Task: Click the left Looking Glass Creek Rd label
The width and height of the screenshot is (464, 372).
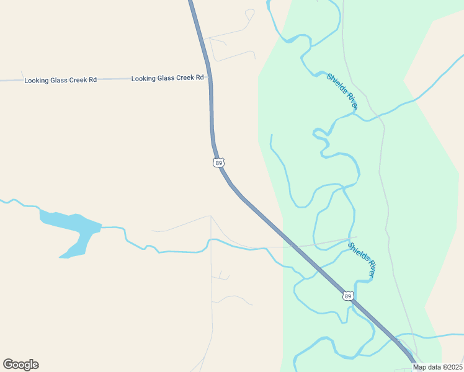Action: point(61,81)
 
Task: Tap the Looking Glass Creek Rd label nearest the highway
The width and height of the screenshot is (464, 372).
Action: point(167,78)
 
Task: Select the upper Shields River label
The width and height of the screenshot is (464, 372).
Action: point(342,91)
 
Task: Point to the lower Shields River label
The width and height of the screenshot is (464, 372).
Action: point(362,259)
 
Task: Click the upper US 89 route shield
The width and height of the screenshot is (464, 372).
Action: point(218,162)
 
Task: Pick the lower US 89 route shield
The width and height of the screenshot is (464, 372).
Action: point(348,296)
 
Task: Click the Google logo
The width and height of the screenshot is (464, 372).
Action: point(20,365)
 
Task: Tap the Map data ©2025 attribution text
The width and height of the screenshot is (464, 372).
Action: point(438,367)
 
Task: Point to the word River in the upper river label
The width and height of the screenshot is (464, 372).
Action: point(351,101)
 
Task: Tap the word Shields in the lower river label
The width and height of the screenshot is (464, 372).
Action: point(357,252)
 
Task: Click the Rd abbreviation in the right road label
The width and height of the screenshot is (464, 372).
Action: point(200,77)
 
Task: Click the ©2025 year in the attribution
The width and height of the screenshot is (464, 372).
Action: point(452,367)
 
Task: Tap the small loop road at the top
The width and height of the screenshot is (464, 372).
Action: point(249,13)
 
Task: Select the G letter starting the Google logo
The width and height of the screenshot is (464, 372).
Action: point(8,365)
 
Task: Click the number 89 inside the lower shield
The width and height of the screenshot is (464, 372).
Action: point(348,296)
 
